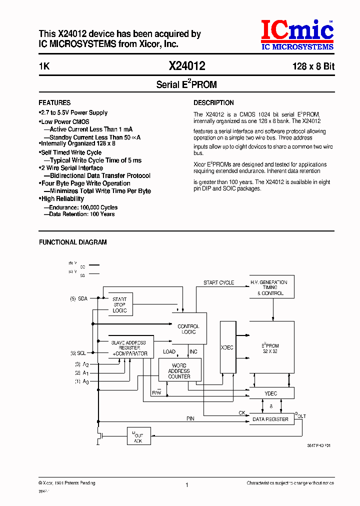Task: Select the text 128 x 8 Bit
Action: tap(313, 66)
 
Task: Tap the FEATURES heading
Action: tap(54, 102)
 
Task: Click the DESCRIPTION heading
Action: tap(213, 102)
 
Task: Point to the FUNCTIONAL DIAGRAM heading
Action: tap(73, 242)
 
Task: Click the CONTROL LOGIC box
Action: tap(188, 329)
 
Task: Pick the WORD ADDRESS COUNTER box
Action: tap(179, 370)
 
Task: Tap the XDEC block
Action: tap(227, 347)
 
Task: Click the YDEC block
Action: tap(271, 393)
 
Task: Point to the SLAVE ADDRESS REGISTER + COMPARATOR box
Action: tap(128, 347)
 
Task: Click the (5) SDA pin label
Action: tap(78, 298)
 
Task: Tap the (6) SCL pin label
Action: tap(78, 353)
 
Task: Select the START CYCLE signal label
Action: tap(218, 283)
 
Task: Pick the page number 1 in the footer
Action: tap(186, 485)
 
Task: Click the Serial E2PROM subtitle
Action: tap(186, 84)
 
